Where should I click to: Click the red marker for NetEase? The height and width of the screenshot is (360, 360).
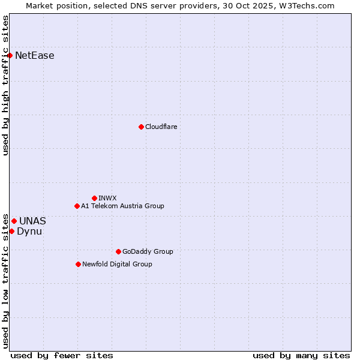click(x=10, y=56)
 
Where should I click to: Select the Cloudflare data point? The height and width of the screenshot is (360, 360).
click(x=141, y=127)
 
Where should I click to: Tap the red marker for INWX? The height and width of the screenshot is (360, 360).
click(x=94, y=198)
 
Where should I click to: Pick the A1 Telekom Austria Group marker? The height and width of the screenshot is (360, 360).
click(x=77, y=206)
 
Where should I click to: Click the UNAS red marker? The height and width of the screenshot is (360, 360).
click(x=14, y=221)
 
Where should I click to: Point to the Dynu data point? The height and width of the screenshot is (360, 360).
click(x=11, y=231)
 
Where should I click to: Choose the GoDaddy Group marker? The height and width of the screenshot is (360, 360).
click(x=118, y=251)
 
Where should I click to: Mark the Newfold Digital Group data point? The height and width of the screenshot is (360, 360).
click(x=78, y=264)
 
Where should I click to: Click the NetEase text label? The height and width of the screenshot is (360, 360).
click(x=35, y=56)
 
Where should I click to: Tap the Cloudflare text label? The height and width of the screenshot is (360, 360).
click(x=161, y=127)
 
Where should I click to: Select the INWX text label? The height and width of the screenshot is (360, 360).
click(x=107, y=198)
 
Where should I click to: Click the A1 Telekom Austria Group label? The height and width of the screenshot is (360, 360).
click(x=122, y=206)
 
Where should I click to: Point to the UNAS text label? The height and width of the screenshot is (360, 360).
click(x=32, y=221)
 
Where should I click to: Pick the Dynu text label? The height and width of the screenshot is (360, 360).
click(x=29, y=231)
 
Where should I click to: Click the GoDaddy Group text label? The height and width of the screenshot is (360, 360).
click(x=148, y=251)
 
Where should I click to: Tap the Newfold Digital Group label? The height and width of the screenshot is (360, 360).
click(x=117, y=264)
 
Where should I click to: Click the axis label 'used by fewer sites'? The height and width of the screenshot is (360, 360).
click(x=62, y=355)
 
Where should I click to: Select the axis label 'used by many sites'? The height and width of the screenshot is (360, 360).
click(x=301, y=355)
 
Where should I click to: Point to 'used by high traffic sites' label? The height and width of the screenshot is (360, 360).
click(x=5, y=85)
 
